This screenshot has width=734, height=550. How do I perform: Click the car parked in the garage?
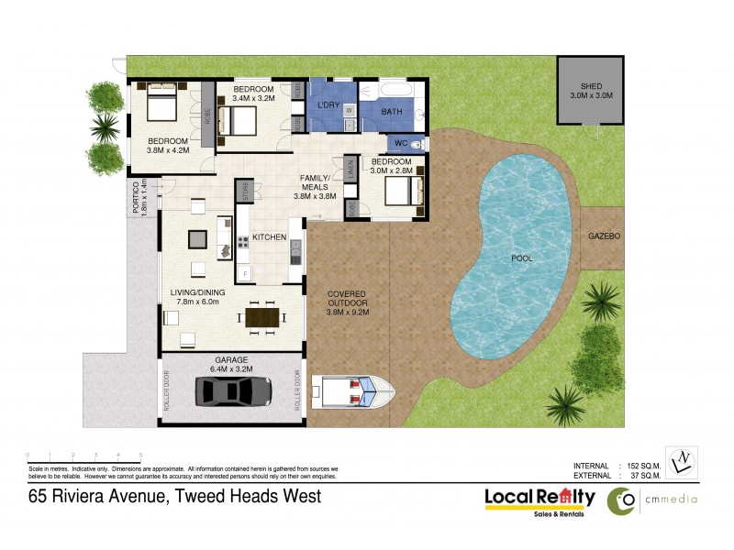click(233, 391)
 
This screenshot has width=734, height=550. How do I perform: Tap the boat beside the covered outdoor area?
click(353, 391)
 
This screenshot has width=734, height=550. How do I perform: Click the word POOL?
click(521, 258)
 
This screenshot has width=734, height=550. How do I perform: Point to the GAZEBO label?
click(604, 236)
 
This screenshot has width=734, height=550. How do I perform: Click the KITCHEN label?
click(270, 237)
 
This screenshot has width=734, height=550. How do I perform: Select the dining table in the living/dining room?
click(261, 317)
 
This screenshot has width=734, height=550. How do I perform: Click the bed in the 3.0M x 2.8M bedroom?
click(402, 191)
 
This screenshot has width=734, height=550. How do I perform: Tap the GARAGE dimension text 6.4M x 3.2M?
click(232, 368)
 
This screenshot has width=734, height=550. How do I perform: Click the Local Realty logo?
click(539, 500)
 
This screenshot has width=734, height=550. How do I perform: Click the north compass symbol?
click(681, 462)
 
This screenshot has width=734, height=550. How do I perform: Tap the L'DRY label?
click(328, 106)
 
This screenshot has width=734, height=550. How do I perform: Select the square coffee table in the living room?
click(197, 239)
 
